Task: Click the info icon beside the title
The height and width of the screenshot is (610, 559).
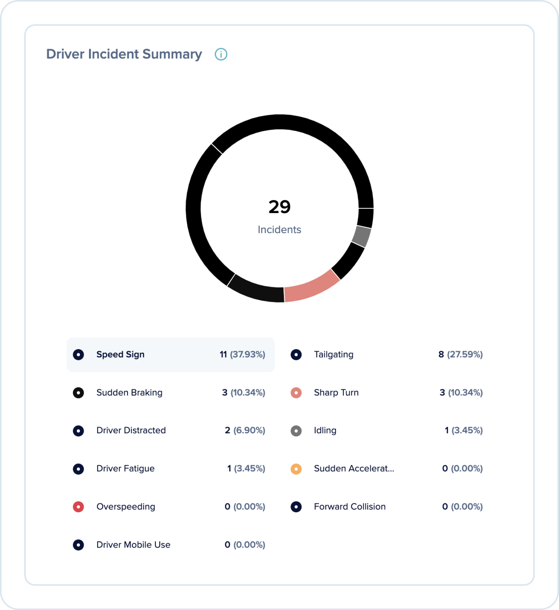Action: (x=221, y=54)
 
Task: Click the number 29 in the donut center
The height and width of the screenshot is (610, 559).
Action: (x=279, y=207)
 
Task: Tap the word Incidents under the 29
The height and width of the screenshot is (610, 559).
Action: (x=279, y=230)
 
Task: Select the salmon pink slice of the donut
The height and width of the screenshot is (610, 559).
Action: (x=311, y=286)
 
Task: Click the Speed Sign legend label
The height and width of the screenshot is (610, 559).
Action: (x=120, y=354)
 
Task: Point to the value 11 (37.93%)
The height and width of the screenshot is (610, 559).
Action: (x=242, y=354)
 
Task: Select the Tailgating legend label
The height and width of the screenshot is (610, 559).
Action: (x=333, y=354)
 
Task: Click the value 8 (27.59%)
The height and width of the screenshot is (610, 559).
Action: (x=460, y=354)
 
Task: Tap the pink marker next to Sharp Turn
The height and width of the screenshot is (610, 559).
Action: (x=296, y=392)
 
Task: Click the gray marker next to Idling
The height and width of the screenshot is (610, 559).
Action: (x=296, y=431)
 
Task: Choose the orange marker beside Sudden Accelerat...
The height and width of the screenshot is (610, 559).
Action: (x=296, y=469)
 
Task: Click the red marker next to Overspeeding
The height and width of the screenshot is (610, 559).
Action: (x=78, y=507)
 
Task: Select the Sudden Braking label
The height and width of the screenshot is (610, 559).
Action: (x=129, y=392)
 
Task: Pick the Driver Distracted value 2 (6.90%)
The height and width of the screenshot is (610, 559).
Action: (x=245, y=431)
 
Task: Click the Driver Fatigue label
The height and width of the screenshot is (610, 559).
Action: (x=125, y=469)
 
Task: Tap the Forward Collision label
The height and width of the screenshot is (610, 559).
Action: (x=350, y=507)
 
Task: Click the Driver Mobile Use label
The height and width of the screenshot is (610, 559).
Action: (x=133, y=545)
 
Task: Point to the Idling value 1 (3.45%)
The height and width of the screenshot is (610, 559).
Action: (x=463, y=431)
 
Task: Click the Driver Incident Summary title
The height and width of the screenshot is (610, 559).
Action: (x=124, y=54)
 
